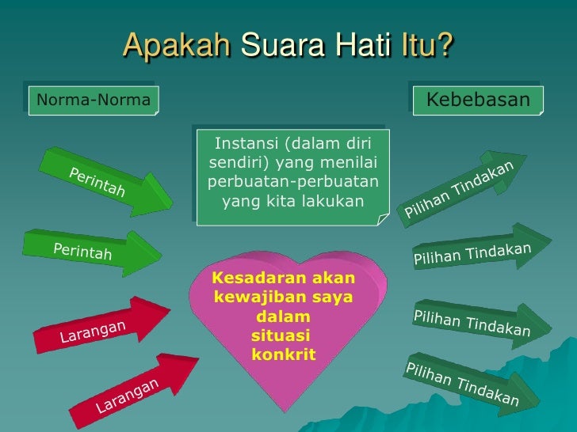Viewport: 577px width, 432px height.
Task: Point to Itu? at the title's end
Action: point(426,45)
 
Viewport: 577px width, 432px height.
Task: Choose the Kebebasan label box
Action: point(477,100)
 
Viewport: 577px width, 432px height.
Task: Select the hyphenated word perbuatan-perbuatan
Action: point(292,183)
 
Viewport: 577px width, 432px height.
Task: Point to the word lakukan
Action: point(334,202)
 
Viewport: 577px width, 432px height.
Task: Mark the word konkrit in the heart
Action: point(283,354)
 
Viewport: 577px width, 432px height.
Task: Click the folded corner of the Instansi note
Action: point(384,218)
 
